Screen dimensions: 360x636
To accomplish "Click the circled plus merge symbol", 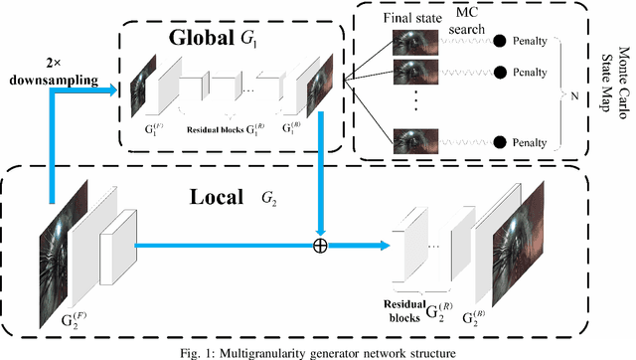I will point(320,246).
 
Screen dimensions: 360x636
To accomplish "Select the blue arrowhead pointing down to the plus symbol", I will point(320,229).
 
